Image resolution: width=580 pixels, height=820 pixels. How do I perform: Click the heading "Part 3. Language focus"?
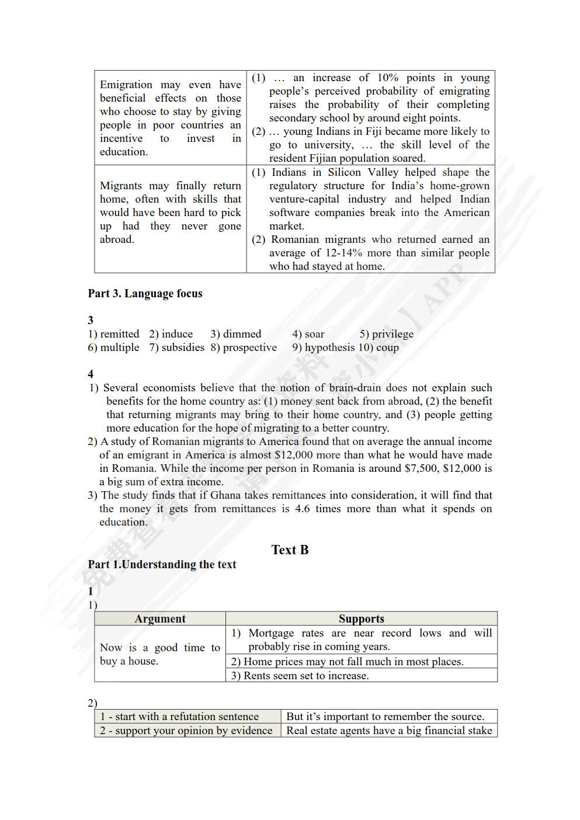(x=145, y=293)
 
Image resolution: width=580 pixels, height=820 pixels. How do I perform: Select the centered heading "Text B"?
(x=290, y=550)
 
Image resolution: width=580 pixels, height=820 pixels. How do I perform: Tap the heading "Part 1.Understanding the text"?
(x=162, y=564)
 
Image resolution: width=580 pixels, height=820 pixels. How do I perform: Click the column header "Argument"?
(x=160, y=619)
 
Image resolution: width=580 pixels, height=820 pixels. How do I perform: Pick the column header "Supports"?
(x=362, y=619)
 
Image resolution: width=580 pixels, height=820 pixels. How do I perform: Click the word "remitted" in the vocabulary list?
(x=119, y=334)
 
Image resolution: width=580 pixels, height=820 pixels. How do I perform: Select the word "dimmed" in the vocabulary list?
(x=242, y=334)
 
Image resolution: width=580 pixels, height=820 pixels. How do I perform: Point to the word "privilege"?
(x=393, y=334)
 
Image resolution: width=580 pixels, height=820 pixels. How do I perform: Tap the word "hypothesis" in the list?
(x=329, y=348)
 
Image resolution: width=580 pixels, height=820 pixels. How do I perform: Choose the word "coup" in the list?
(x=387, y=348)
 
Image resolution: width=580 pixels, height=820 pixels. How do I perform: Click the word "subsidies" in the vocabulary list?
(x=183, y=348)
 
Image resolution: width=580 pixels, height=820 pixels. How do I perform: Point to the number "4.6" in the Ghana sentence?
(x=302, y=509)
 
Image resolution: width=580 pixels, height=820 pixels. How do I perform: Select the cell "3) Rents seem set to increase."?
(x=300, y=676)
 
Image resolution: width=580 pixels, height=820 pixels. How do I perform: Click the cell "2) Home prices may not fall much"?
(x=347, y=661)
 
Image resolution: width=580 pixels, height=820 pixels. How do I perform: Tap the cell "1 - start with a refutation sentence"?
(x=179, y=717)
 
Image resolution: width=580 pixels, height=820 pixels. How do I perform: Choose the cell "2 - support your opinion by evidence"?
(x=186, y=731)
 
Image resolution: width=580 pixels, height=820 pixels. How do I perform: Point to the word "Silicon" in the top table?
(x=344, y=172)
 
